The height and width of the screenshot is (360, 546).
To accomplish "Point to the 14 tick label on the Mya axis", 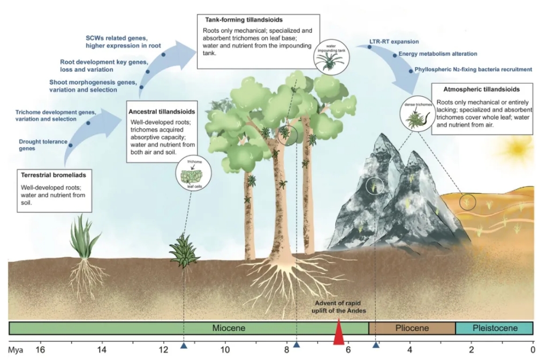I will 101,350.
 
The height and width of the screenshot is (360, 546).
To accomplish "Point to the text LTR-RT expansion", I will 394,41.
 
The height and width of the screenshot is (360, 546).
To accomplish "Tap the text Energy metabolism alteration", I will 437,54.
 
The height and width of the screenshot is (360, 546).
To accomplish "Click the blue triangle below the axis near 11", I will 184,346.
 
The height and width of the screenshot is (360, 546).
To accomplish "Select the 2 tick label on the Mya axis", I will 472,350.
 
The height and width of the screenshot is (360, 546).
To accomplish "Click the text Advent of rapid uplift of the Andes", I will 338,308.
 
